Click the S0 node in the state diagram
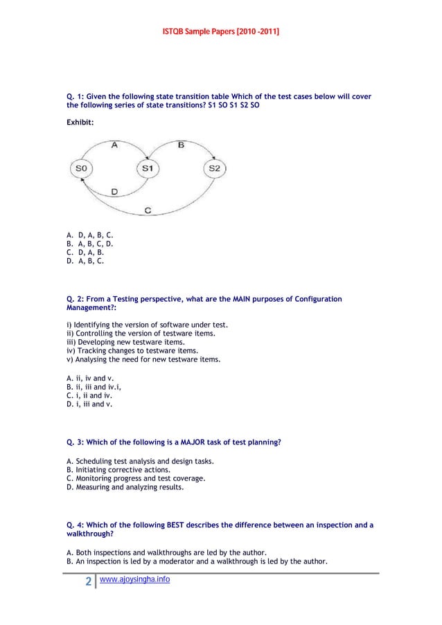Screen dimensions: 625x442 click(x=82, y=168)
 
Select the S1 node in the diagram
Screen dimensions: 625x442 click(x=147, y=168)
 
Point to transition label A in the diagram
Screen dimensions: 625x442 click(x=114, y=145)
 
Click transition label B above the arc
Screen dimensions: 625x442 click(x=181, y=145)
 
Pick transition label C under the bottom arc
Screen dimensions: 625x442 click(x=148, y=210)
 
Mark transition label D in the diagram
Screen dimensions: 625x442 click(x=114, y=191)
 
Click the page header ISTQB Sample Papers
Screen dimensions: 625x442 click(x=221, y=32)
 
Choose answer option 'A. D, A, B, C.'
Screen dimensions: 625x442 click(x=89, y=236)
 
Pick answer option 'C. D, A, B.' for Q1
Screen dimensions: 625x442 click(x=85, y=253)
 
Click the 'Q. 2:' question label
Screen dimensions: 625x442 click(x=77, y=299)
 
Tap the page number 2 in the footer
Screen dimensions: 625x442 click(x=89, y=581)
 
